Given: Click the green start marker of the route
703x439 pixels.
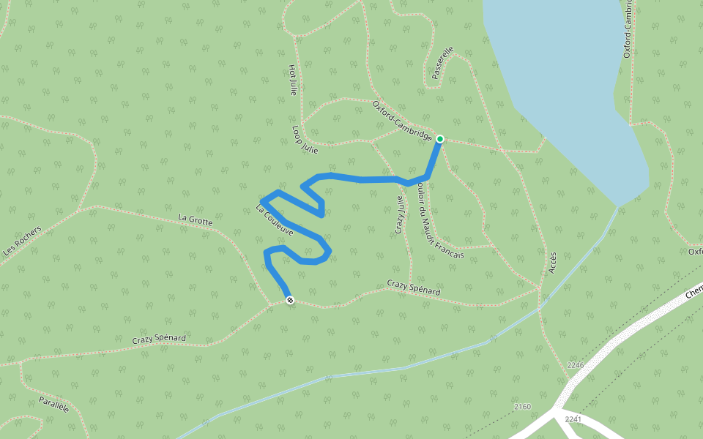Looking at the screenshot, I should pos(440,138).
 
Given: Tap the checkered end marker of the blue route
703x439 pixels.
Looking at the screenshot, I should pos(290,300).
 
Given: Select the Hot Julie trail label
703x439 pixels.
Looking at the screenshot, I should pos(293,80).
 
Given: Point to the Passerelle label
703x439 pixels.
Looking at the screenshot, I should pos(442,62).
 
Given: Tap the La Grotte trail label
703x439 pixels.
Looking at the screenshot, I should pos(195,219).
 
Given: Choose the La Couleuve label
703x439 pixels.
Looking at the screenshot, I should pos(275,219).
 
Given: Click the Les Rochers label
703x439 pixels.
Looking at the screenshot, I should pos(22,240).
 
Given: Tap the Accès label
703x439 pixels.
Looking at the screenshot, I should pos(553,262).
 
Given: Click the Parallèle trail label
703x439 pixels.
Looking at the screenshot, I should pos(53,405).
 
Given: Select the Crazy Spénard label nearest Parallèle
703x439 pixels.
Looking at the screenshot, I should pos(159,338).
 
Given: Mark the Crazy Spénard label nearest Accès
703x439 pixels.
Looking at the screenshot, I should pos(414,288).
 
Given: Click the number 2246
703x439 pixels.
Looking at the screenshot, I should pos(576,365).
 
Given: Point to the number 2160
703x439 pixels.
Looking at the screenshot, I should pos(522,406).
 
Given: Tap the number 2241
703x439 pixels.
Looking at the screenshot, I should pos(573,419).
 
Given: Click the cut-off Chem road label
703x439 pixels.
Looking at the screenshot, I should pos(693,290).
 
